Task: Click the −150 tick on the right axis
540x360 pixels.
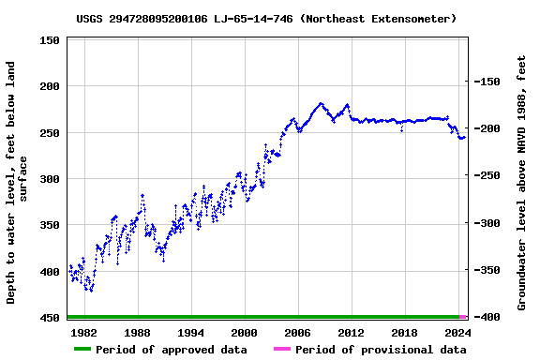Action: tap(488, 82)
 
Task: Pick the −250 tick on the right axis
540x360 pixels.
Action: tap(488, 176)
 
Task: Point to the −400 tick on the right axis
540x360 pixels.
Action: tap(488, 318)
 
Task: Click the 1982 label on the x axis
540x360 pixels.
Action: tap(83, 333)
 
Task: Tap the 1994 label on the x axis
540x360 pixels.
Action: tap(190, 333)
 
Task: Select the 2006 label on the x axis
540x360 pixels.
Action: tap(297, 333)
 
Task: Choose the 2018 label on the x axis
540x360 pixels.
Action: tap(404, 333)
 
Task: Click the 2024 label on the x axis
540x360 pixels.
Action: tap(457, 333)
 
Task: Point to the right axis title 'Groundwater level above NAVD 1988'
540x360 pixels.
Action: tap(522, 183)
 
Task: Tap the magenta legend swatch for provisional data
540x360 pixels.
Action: tap(281, 350)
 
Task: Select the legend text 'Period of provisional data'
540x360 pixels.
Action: tap(380, 350)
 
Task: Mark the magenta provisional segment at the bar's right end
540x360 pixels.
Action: tap(463, 318)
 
